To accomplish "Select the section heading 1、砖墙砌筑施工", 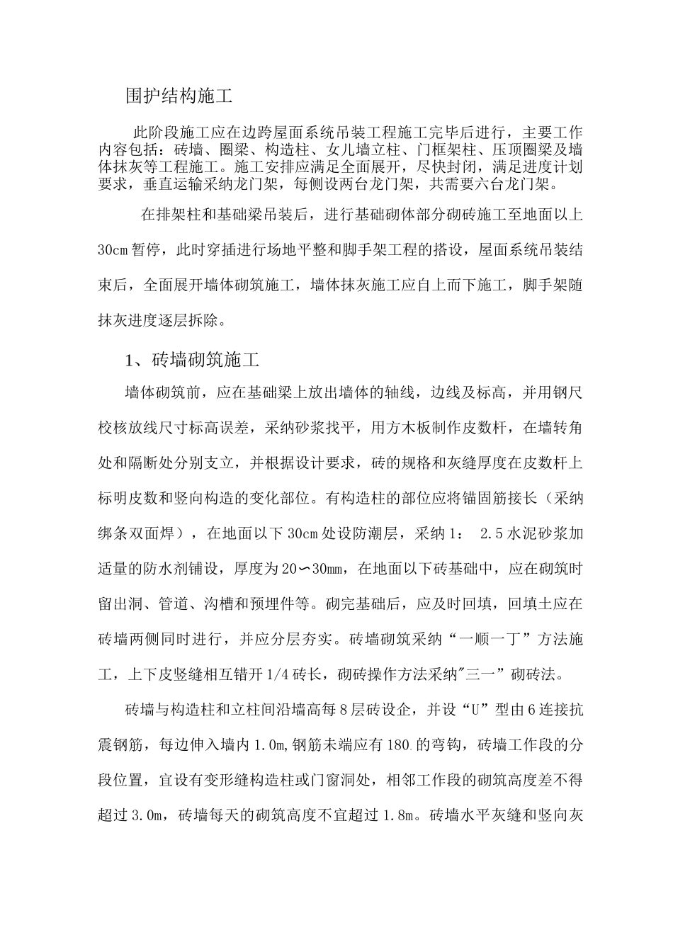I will pyautogui.click(x=192, y=360).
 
